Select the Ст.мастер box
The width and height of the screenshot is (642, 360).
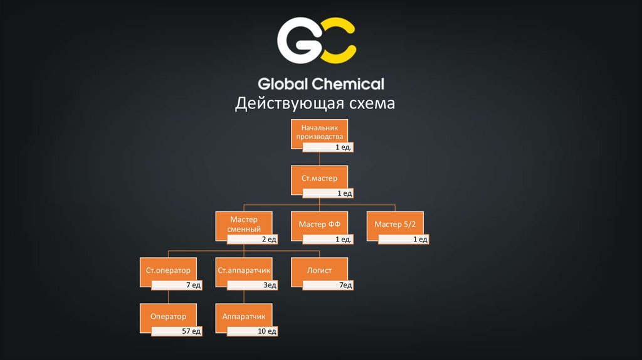click(319, 178)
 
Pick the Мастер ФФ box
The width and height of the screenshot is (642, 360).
click(319, 223)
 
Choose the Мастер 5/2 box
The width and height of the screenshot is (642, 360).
click(395, 223)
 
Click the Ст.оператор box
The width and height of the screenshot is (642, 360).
click(168, 270)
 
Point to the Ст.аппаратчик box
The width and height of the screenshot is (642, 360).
click(244, 270)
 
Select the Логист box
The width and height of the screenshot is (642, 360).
click(319, 270)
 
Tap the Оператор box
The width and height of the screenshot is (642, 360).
click(168, 315)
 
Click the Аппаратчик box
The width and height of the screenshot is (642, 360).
click(244, 315)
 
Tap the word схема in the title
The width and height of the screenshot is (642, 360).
click(367, 103)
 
